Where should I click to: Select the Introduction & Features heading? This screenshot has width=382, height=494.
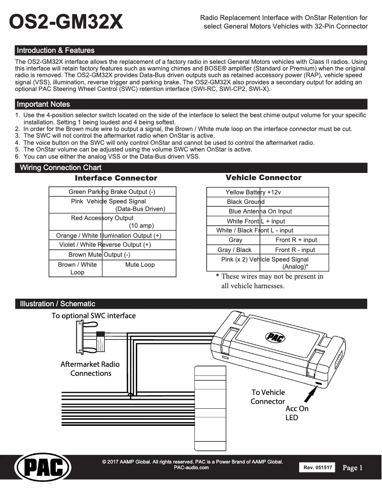(56, 50)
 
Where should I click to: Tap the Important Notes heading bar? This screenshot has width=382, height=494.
(43, 104)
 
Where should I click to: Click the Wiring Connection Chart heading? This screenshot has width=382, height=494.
(60, 168)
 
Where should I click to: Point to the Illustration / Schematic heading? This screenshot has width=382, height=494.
(57, 304)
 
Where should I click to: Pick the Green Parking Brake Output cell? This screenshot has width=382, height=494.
(112, 192)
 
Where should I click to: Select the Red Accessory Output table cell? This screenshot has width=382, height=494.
(112, 222)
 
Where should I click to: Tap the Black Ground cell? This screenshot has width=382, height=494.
(246, 202)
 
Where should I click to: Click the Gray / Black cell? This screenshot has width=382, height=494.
(234, 250)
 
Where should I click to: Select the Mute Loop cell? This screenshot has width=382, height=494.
(140, 265)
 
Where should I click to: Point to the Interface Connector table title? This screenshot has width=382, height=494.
(116, 178)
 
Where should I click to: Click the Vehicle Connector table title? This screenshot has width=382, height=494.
(263, 178)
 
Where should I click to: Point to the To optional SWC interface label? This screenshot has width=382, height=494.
(93, 316)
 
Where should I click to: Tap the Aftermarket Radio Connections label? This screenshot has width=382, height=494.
(90, 369)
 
